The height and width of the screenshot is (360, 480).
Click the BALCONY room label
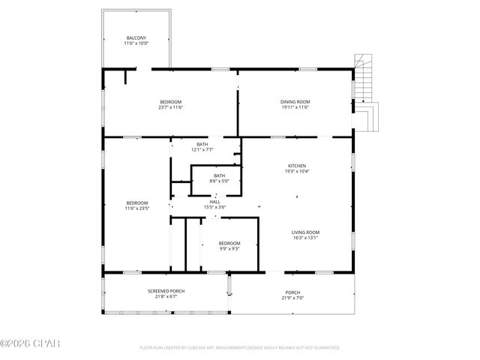click(x=136, y=37)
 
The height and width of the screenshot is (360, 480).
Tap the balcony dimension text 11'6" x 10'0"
click(x=136, y=43)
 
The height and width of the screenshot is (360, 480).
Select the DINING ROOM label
click(x=295, y=102)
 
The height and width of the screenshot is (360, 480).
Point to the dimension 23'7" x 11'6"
click(x=170, y=107)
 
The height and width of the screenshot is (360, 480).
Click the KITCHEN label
click(x=297, y=166)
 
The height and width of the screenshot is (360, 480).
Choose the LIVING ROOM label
click(x=305, y=232)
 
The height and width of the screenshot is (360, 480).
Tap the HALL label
click(x=214, y=202)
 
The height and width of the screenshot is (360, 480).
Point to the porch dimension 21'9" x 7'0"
click(x=292, y=298)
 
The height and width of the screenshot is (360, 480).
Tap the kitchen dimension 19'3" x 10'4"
click(x=297, y=172)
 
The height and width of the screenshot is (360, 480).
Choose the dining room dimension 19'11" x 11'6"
click(x=295, y=107)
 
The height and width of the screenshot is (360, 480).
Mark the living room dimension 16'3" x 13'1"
click(x=305, y=238)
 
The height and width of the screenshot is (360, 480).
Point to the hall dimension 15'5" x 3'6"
click(x=214, y=207)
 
